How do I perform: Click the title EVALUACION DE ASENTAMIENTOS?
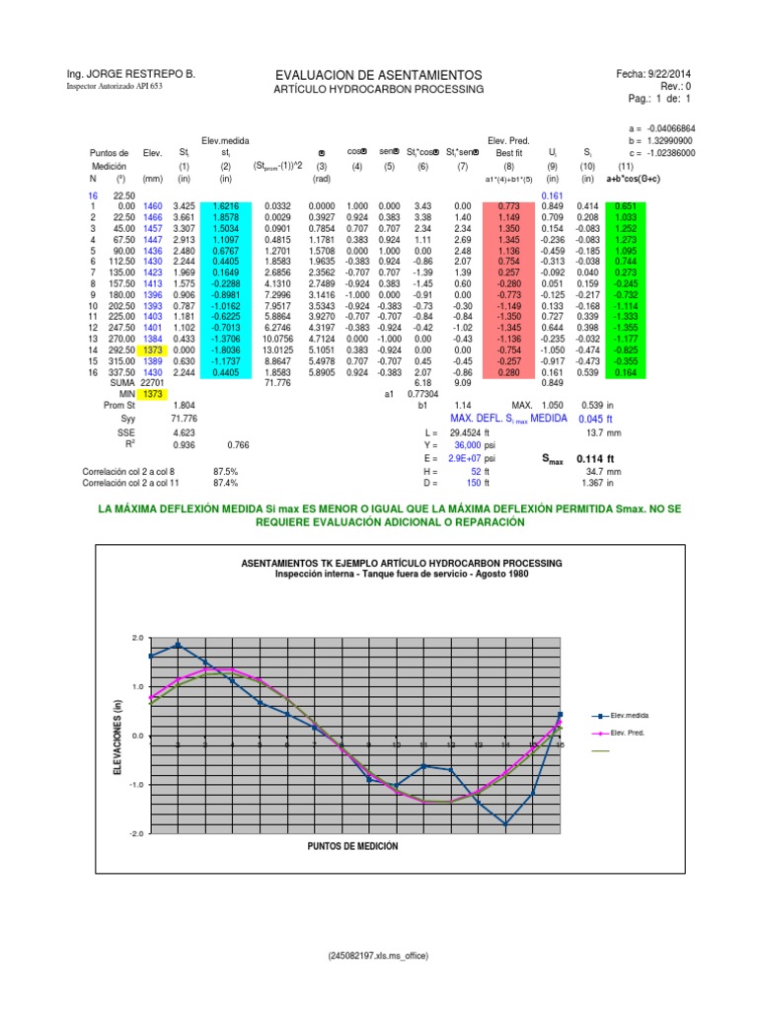(379, 75)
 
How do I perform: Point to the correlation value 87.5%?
(226, 473)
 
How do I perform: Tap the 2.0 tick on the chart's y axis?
(137, 639)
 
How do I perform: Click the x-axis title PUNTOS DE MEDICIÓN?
(353, 848)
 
